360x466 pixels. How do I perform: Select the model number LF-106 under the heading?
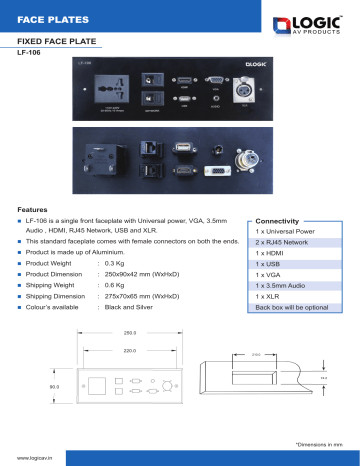point(31,54)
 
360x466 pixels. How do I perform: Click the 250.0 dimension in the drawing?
point(129,332)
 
